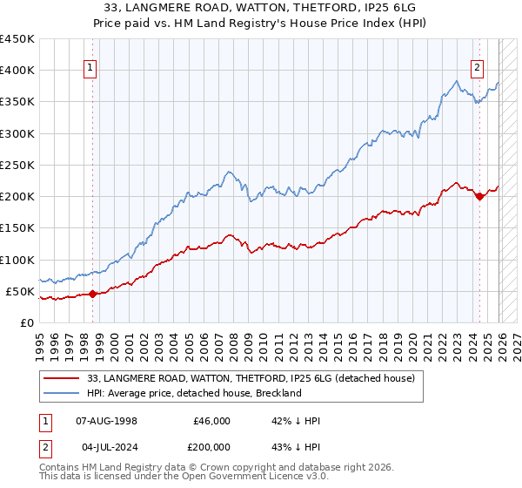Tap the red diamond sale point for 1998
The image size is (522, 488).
coord(93,294)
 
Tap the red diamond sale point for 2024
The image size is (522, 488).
coord(479,196)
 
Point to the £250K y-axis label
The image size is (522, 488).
coord(17,165)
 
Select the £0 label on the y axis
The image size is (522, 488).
coord(26,322)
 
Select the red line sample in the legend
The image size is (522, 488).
coord(63,378)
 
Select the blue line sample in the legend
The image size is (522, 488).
coord(63,393)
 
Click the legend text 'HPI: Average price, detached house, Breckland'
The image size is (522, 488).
coord(194,393)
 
